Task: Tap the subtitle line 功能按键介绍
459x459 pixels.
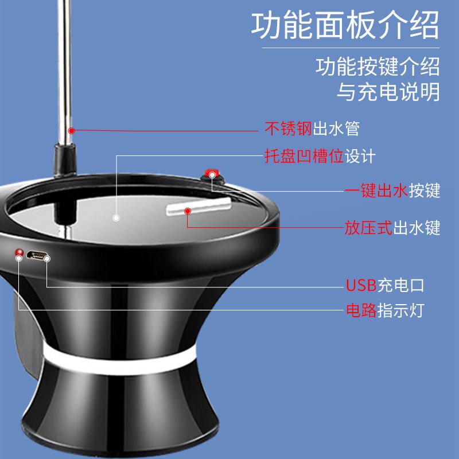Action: tap(378, 67)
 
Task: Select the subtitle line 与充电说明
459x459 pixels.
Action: tap(388, 92)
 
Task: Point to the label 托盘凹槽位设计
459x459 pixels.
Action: tap(320, 156)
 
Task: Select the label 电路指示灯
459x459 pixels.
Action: tap(384, 311)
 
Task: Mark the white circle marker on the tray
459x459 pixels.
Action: tap(116, 218)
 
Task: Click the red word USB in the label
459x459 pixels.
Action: tap(360, 285)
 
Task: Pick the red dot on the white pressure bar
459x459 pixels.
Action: tap(187, 212)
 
